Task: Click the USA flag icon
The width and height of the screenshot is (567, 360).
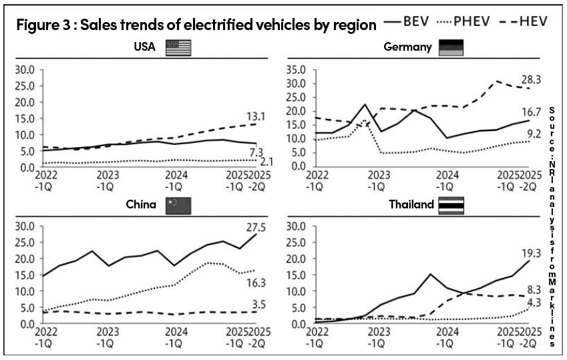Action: (x=178, y=47)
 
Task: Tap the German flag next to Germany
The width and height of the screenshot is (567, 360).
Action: (x=451, y=47)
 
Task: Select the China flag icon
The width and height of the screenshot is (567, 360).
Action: (x=178, y=205)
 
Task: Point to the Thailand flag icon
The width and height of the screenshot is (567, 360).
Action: (x=451, y=205)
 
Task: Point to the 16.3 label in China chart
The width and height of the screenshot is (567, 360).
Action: (x=246, y=281)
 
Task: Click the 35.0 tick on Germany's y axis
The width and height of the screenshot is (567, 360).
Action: (x=295, y=69)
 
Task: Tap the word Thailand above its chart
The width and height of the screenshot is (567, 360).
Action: (x=411, y=205)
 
